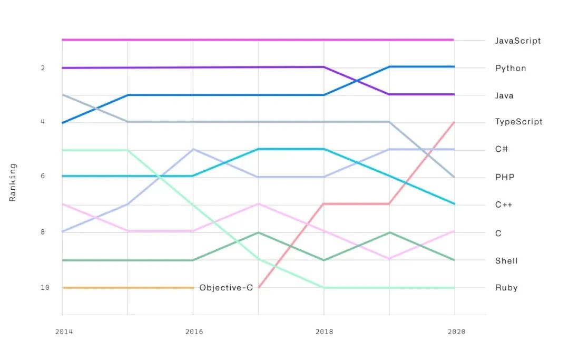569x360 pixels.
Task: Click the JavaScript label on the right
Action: coord(517,41)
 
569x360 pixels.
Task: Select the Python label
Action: coord(511,68)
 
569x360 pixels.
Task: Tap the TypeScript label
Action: coord(518,122)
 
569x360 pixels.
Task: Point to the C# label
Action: coord(502,149)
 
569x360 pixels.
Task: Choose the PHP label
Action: coord(504,177)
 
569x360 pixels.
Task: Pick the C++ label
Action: coord(503,205)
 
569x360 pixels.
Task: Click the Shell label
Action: coord(506,260)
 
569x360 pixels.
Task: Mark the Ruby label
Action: coord(506,288)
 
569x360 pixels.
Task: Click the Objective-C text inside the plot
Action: coord(226,288)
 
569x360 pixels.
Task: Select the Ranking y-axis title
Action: coord(13,182)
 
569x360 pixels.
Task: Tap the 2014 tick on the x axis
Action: coord(64,332)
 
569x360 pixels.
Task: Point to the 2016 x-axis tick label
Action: coord(194,332)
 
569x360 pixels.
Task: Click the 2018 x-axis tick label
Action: coord(325,332)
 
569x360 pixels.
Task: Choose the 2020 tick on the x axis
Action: coord(456,332)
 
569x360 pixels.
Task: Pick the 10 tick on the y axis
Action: coord(45,288)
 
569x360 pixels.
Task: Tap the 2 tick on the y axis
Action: coord(43,68)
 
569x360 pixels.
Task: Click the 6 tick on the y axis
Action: coord(43,176)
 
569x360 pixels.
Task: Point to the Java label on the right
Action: coord(504,95)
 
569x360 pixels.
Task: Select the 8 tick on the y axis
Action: coord(43,232)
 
